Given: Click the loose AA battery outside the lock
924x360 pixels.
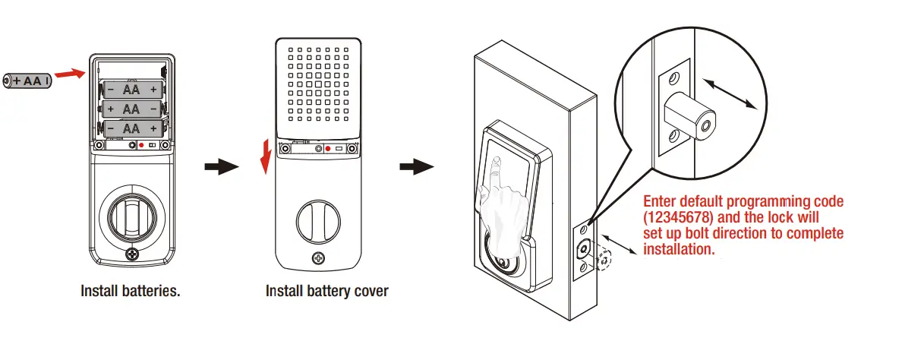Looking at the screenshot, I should [28, 80].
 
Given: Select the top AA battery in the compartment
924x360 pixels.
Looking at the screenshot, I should [131, 90].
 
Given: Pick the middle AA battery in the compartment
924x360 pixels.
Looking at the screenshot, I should [131, 109].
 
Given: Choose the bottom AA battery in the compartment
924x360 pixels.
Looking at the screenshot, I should [131, 128].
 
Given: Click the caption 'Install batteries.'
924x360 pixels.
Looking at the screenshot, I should [131, 291].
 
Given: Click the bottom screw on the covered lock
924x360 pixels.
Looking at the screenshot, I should [316, 259].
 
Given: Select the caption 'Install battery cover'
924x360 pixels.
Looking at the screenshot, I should [326, 291].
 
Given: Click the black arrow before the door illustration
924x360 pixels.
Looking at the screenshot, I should [417, 167].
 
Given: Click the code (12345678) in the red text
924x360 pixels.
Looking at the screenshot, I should [677, 218].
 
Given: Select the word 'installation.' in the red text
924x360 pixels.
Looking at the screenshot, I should [679, 248].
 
